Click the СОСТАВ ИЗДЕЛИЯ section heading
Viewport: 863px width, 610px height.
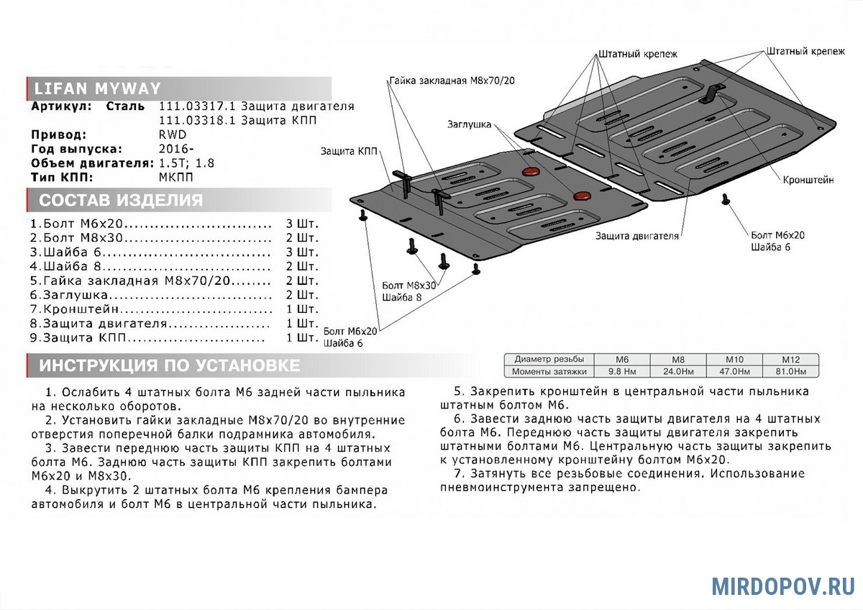pyautogui.click(x=121, y=201)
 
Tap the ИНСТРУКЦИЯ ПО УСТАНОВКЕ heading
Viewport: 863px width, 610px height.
pyautogui.click(x=170, y=366)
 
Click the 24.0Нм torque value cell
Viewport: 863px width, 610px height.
pyautogui.click(x=677, y=372)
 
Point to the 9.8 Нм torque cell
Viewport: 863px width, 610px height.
pyautogui.click(x=622, y=372)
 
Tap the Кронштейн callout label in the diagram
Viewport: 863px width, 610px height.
pyautogui.click(x=808, y=181)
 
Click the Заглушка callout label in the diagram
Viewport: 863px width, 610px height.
pyautogui.click(x=469, y=124)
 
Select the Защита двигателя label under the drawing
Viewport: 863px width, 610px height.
pyautogui.click(x=637, y=235)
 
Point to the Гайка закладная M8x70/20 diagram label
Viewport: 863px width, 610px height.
pyautogui.click(x=452, y=80)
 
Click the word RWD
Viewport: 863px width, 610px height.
pyautogui.click(x=172, y=135)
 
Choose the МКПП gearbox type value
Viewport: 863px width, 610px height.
pyautogui.click(x=176, y=177)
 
